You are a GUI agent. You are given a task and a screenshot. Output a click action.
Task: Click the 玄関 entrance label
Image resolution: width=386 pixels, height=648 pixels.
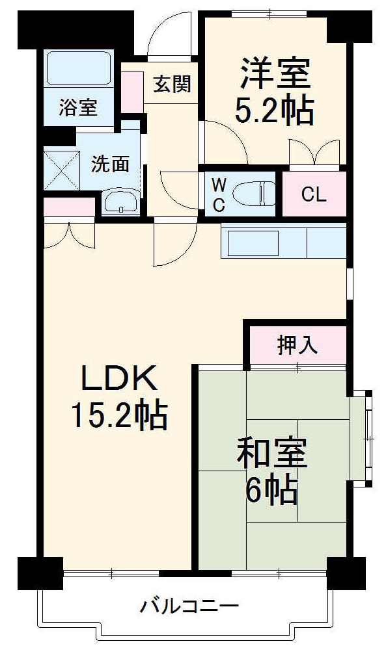click(172, 84)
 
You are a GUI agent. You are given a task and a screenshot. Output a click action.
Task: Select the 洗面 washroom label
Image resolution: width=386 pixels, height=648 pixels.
click(110, 164)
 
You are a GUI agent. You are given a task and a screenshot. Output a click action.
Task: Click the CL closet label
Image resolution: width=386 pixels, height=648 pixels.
click(314, 194)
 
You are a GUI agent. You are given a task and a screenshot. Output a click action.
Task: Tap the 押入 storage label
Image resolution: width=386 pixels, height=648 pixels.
click(297, 346)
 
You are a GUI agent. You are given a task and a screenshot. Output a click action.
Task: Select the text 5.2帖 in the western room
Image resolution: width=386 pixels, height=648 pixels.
click(274, 111)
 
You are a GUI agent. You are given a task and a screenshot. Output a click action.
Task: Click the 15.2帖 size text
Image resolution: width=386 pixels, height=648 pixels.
click(119, 416)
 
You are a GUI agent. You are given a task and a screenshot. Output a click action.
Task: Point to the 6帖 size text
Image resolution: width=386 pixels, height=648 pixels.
click(271, 491)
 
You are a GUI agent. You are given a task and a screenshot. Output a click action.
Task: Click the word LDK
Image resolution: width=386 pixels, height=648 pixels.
click(119, 378)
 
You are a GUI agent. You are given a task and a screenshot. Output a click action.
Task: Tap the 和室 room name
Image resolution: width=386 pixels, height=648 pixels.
click(271, 454)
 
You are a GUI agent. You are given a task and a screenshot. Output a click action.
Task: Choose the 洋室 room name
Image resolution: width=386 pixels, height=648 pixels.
click(274, 73)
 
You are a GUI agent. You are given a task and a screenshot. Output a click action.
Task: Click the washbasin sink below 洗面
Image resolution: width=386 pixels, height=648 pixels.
click(120, 203)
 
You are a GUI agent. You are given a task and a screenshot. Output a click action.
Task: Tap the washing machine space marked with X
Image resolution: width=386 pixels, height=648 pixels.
click(60, 170)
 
